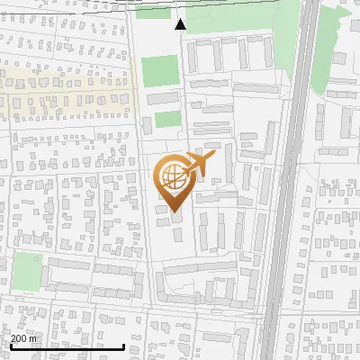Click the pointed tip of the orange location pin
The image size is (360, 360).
(x=174, y=211)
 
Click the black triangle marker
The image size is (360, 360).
(x=181, y=24)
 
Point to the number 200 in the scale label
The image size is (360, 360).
(x=18, y=338)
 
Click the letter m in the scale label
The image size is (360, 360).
(x=33, y=338)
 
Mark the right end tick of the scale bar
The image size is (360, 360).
(x=123, y=346)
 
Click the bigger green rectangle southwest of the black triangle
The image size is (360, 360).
(x=160, y=69)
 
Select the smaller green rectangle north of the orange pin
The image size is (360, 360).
(x=166, y=120)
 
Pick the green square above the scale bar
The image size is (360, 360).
(x=27, y=271)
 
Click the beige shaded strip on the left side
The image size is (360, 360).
(x=63, y=90)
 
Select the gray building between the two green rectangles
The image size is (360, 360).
(x=163, y=97)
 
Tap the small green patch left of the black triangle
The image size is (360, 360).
(x=153, y=13)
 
